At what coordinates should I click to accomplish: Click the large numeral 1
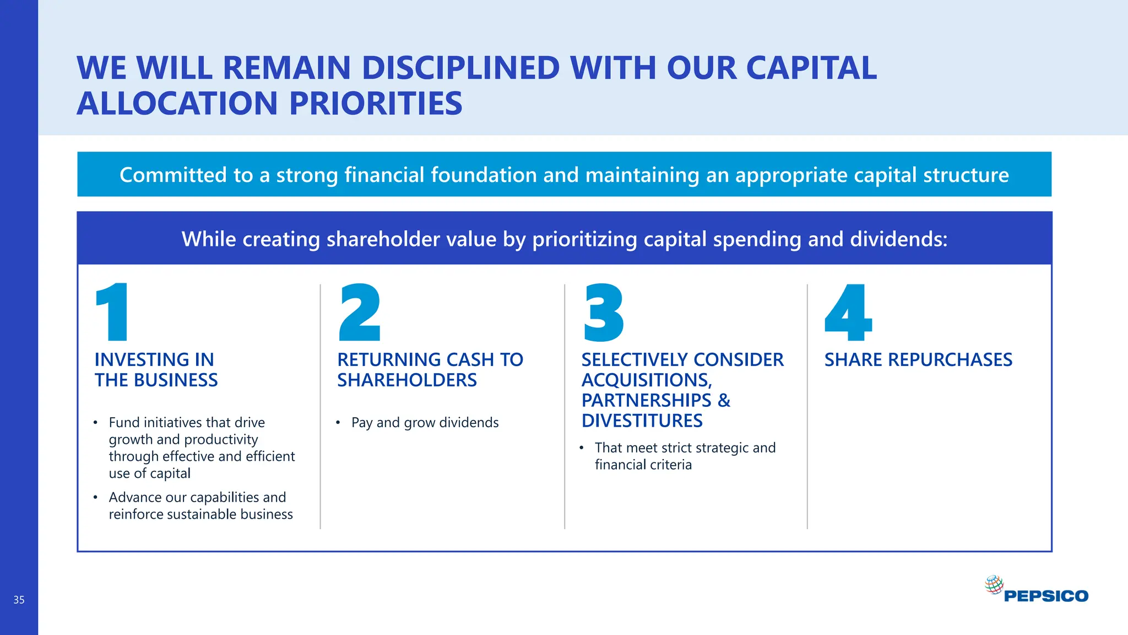pyautogui.click(x=113, y=312)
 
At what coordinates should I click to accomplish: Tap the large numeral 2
pyautogui.click(x=360, y=312)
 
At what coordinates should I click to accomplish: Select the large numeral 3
pyautogui.click(x=604, y=312)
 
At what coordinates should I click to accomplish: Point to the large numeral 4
pyautogui.click(x=848, y=312)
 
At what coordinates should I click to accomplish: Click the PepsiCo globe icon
pyautogui.click(x=994, y=584)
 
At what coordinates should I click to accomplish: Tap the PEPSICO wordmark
pyautogui.click(x=1046, y=596)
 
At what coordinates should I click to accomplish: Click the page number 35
pyautogui.click(x=19, y=600)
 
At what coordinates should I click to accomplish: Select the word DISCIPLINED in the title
pyautogui.click(x=460, y=68)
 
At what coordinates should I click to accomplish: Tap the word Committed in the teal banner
pyautogui.click(x=173, y=175)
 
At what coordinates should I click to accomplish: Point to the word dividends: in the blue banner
pyautogui.click(x=898, y=239)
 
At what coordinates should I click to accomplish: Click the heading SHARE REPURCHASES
pyautogui.click(x=918, y=360)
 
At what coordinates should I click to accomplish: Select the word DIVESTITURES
pyautogui.click(x=642, y=421)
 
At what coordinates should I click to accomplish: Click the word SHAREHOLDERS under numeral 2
pyautogui.click(x=406, y=380)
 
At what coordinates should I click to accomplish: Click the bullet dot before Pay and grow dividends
pyautogui.click(x=338, y=423)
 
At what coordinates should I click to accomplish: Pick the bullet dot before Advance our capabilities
pyautogui.click(x=95, y=497)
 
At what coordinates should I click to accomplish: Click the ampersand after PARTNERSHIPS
pyautogui.click(x=724, y=401)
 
